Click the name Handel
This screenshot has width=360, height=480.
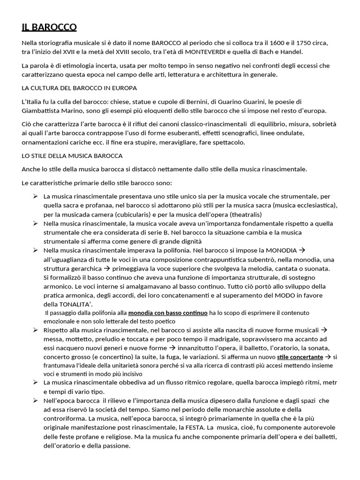pyautogui.click(x=292, y=52)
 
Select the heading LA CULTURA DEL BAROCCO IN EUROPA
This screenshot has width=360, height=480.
pyautogui.click(x=79, y=88)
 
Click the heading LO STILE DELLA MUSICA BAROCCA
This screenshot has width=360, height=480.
pyautogui.click(x=72, y=156)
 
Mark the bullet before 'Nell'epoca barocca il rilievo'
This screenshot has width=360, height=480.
pyautogui.click(x=35, y=400)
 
